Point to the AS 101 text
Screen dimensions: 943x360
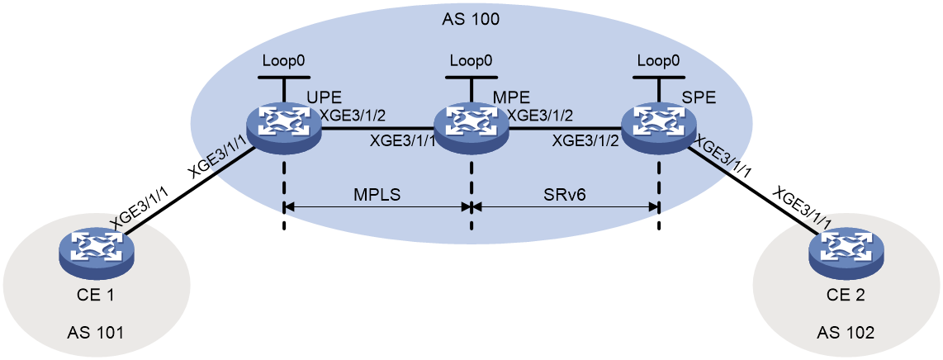point(96,332)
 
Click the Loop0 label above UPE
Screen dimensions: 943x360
point(283,61)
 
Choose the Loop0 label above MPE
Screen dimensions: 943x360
point(471,61)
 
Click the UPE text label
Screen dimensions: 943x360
point(325,97)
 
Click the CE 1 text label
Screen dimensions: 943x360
point(96,296)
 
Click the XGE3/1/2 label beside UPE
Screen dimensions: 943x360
point(353,116)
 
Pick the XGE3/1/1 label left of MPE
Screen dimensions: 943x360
point(401,142)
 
